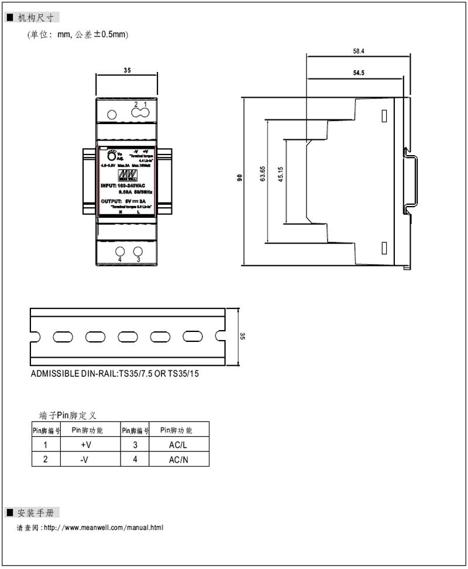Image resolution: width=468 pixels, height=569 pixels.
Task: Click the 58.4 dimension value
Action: tap(359, 52)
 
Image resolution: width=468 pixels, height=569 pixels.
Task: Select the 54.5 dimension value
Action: tap(359, 73)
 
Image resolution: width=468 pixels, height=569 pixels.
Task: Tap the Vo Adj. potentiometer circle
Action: tap(111, 155)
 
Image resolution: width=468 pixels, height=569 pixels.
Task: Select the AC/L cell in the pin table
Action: tap(178, 445)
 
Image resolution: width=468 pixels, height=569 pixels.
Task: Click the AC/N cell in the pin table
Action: tap(178, 460)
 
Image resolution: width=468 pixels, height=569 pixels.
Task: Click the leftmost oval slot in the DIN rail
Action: tap(61, 336)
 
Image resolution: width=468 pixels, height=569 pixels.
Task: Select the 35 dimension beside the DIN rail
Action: tap(243, 336)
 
